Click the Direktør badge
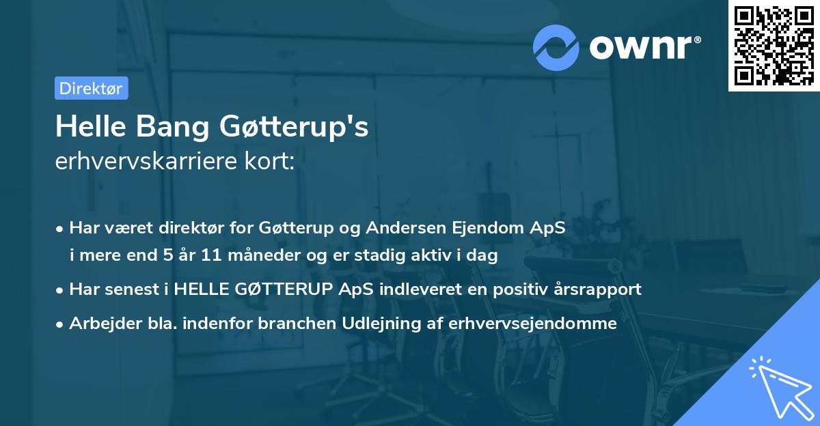91,88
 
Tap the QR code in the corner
774,46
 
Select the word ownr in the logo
644,47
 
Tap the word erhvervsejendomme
533,323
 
